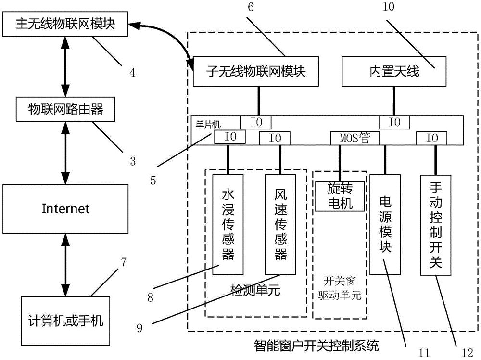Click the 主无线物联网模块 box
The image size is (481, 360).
point(66,24)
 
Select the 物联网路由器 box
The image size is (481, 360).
point(66,110)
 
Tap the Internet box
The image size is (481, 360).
point(66,208)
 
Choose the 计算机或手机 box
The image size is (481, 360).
point(66,320)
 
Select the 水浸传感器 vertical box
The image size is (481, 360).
point(228,225)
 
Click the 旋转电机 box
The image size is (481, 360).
point(340,196)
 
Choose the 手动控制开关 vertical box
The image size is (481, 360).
point(436,225)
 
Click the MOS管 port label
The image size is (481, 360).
point(354,138)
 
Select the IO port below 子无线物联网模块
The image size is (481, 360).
point(255,122)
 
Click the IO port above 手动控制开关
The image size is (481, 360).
point(431,138)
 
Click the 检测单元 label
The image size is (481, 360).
point(255,290)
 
